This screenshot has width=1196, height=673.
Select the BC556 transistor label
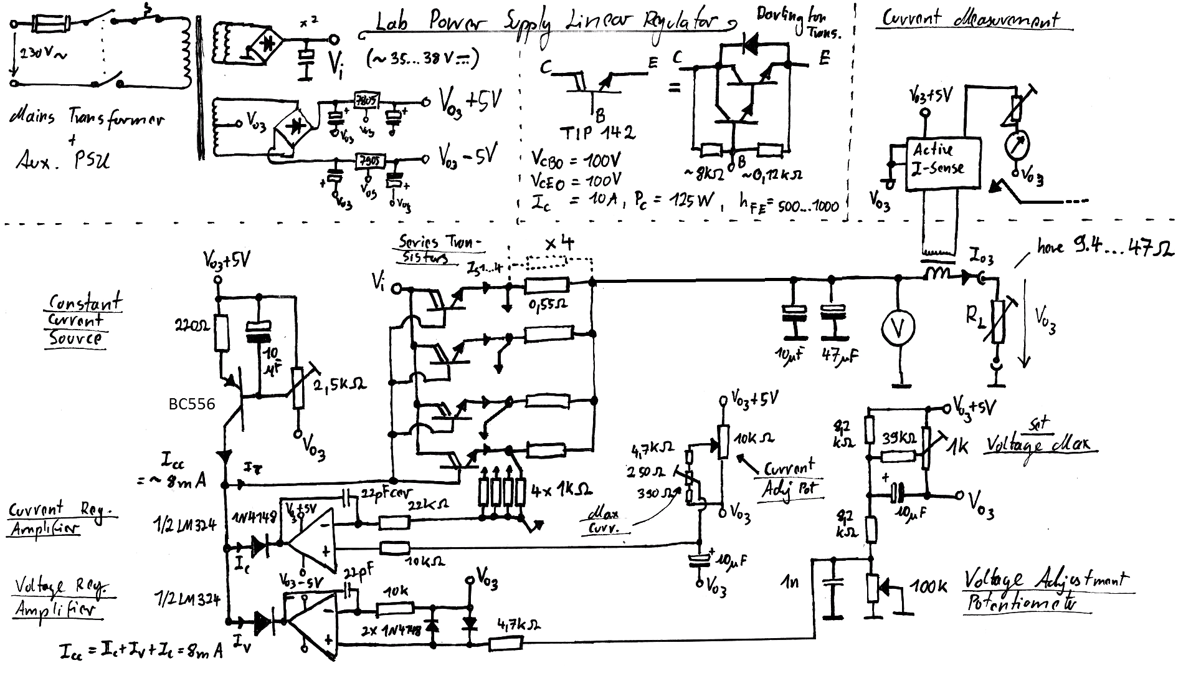pyautogui.click(x=192, y=404)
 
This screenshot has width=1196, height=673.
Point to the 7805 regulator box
pyautogui.click(x=367, y=102)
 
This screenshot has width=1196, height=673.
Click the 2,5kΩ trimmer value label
pyautogui.click(x=340, y=384)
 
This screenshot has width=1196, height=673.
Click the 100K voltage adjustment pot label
pyautogui.click(x=929, y=586)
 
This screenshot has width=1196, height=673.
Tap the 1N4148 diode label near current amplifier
pyautogui.click(x=254, y=518)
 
